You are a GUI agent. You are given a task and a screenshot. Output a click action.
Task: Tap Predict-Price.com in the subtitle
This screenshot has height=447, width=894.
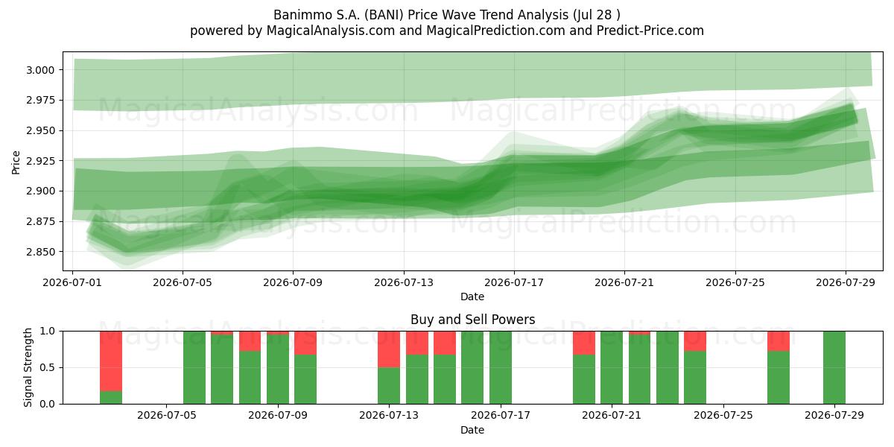click(x=650, y=31)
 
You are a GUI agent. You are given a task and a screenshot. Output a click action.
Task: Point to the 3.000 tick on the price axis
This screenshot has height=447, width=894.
click(x=40, y=70)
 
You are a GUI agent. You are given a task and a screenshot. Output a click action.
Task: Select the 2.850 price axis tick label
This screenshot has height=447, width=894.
click(x=40, y=252)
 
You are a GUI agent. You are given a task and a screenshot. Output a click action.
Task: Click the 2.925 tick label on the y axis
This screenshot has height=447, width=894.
click(x=40, y=161)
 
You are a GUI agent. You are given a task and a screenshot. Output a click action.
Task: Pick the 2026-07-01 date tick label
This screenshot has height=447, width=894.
click(x=72, y=282)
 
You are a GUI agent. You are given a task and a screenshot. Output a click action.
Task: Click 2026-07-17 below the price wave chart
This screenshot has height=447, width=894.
click(x=514, y=282)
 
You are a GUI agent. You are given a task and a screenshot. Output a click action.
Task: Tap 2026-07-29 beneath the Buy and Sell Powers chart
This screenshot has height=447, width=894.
click(x=834, y=415)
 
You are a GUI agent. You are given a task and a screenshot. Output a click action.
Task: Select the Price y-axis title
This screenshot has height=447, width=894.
click(x=16, y=162)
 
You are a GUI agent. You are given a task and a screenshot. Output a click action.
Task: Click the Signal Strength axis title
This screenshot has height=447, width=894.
click(x=28, y=367)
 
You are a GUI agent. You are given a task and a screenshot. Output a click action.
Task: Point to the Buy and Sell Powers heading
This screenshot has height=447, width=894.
click(x=472, y=320)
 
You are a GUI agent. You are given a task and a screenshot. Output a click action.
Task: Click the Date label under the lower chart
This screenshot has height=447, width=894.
click(x=472, y=430)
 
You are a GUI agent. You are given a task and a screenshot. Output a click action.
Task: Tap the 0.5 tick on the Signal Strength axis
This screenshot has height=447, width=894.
click(x=48, y=367)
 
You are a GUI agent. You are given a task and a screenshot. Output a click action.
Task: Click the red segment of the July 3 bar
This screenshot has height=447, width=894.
click(x=111, y=361)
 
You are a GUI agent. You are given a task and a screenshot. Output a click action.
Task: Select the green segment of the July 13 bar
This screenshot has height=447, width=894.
click(x=389, y=386)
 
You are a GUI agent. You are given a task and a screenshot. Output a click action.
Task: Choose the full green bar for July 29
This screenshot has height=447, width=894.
click(x=834, y=367)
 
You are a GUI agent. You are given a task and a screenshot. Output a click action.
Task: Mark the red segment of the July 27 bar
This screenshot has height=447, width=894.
click(x=779, y=341)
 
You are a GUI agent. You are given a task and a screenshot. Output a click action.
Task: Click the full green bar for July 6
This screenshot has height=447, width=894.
click(x=194, y=367)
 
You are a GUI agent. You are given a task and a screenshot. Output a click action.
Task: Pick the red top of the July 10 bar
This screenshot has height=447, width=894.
click(x=305, y=343)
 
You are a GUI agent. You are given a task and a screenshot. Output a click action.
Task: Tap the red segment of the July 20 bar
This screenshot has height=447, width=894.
click(x=584, y=343)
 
